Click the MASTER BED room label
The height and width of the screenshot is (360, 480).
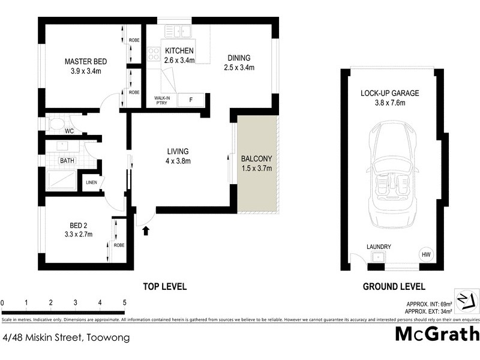coord(86,62)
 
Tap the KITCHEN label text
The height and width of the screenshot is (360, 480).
coord(179,50)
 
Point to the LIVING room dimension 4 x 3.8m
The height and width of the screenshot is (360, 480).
coord(178,161)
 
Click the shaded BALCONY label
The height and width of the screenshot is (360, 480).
coord(256,159)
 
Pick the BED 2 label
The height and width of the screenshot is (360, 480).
coord(80,226)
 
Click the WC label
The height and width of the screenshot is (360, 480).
coord(69,130)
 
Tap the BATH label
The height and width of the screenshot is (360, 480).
coord(67,161)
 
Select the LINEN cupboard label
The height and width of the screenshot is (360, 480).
coord(91,182)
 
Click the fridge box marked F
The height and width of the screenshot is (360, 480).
coord(191,100)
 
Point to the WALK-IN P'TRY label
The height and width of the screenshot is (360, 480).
coord(163,100)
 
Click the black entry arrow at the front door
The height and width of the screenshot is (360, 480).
coord(146,230)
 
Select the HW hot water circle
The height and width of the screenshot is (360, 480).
coord(426,256)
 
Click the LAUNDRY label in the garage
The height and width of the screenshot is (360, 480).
coord(379,247)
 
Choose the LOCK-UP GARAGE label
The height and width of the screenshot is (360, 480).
coord(389,93)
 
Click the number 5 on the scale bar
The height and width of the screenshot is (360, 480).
coord(124,302)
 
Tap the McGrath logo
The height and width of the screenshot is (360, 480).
coord(437,334)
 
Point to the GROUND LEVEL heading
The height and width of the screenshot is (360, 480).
coord(394,286)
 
